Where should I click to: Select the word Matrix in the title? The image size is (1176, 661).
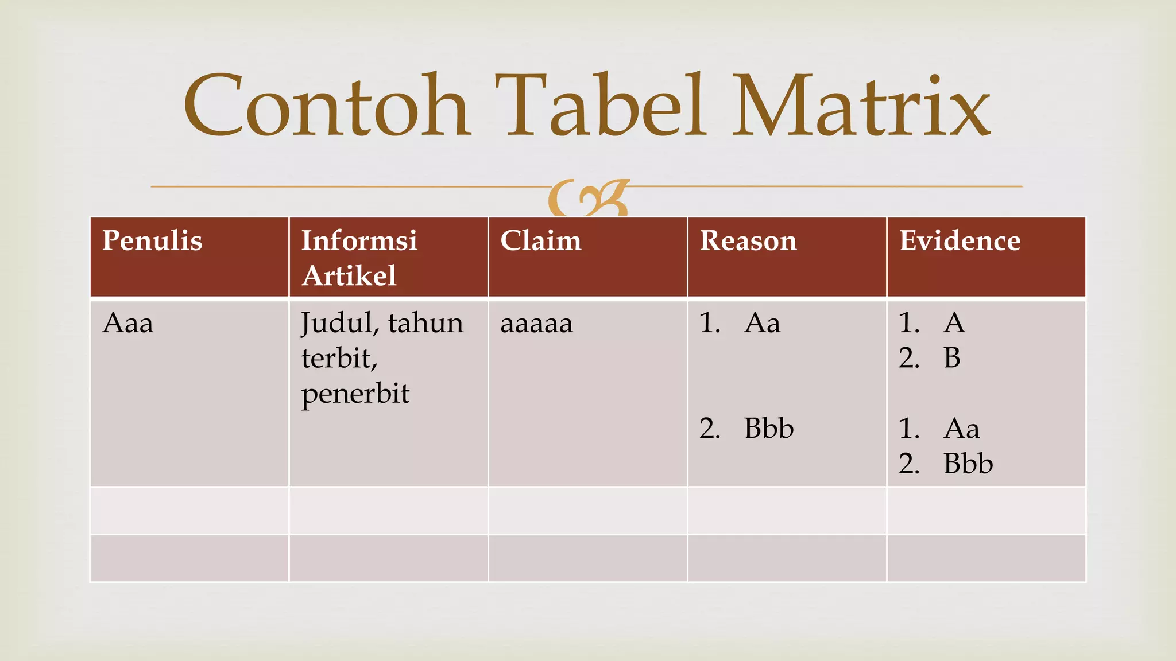(861, 106)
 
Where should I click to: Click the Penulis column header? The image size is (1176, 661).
(152, 240)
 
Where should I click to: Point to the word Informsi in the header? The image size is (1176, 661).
(359, 240)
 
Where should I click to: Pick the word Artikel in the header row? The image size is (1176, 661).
(349, 276)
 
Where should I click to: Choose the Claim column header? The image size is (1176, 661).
(541, 240)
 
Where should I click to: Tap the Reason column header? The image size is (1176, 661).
(748, 240)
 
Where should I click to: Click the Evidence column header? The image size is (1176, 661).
(960, 240)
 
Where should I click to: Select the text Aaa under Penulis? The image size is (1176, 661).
(128, 323)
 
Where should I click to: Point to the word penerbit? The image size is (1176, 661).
(355, 394)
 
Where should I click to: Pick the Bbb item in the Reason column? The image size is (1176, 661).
(769, 429)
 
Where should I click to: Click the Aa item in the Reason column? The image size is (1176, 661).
(763, 323)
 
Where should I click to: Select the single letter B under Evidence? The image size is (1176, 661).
(952, 358)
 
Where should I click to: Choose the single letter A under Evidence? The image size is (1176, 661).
(954, 323)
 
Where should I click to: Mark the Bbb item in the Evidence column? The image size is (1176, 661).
(968, 464)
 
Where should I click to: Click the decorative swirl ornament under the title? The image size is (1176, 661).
(588, 199)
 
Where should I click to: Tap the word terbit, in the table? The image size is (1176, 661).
(339, 359)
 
